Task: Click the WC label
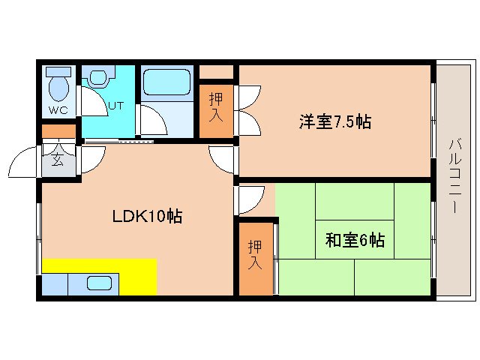click(58, 110)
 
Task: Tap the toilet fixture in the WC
click(58, 85)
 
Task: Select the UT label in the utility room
click(115, 106)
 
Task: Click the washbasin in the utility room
click(99, 78)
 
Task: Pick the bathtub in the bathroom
click(167, 82)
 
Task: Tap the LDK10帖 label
click(148, 217)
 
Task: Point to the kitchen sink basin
click(100, 283)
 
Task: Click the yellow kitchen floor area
click(138, 276)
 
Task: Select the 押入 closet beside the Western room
click(216, 111)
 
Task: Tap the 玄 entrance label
click(58, 158)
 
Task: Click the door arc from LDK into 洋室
click(223, 158)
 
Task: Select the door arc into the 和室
click(250, 199)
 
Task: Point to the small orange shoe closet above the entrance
click(58, 131)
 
